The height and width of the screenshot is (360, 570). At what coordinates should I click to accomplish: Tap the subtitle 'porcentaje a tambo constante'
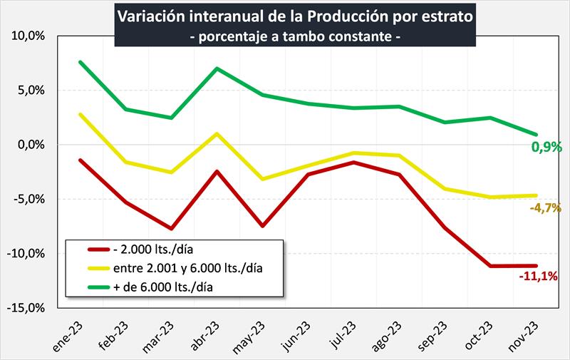pyautogui.click(x=294, y=36)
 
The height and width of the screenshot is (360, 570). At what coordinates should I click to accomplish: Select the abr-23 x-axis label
pyautogui.click(x=207, y=333)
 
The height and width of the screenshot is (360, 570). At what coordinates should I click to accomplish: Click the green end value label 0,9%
pyautogui.click(x=546, y=148)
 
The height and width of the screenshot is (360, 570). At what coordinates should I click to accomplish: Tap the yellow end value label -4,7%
pyautogui.click(x=545, y=208)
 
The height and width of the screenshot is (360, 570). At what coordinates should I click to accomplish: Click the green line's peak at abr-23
pyautogui.click(x=217, y=68)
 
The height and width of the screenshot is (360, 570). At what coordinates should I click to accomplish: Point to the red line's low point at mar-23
pyautogui.click(x=172, y=229)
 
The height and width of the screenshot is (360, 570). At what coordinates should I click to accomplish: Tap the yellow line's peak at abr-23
pyautogui.click(x=217, y=133)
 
